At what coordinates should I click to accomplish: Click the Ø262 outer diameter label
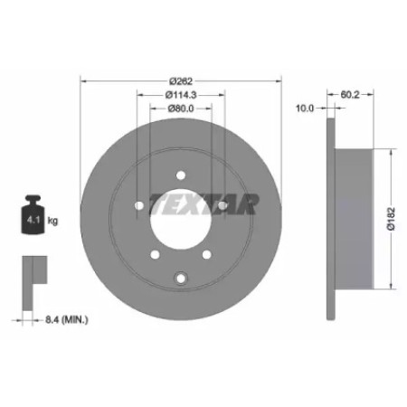(181, 81)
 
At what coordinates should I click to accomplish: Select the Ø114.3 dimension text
(181, 95)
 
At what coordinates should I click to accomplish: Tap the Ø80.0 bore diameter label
(181, 109)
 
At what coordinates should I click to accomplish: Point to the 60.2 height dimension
(350, 95)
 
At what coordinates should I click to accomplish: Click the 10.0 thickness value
(305, 109)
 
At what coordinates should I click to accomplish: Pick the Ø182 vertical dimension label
(391, 219)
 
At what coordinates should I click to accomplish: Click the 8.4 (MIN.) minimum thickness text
(67, 320)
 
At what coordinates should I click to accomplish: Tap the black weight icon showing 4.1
(33, 214)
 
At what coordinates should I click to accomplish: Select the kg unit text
(52, 221)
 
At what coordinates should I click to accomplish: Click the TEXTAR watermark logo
(204, 204)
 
